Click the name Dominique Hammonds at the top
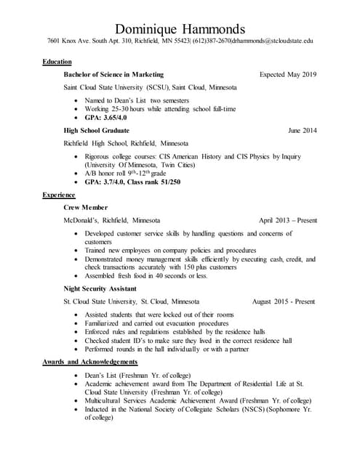point(180,28)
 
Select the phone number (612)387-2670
point(212,41)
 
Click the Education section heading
point(57,62)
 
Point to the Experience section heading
point(59,195)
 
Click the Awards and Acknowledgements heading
point(90,361)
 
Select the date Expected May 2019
point(288,75)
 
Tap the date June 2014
point(302,130)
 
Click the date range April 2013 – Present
point(287,219)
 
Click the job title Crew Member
point(86,207)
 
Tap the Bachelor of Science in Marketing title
point(113,75)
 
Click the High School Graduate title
point(100,130)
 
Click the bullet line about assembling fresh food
point(146,275)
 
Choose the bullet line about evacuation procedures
point(156,323)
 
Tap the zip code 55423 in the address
point(180,41)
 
